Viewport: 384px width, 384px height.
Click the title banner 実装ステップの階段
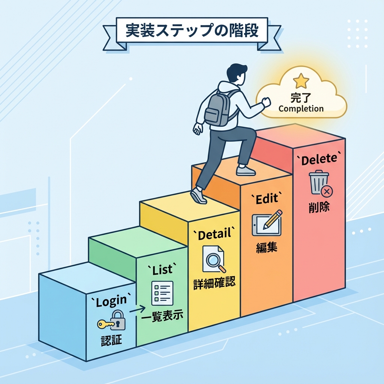192,31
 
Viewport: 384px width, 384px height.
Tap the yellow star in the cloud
301,81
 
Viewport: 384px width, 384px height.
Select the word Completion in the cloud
301,109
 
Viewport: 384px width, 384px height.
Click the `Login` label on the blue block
111,302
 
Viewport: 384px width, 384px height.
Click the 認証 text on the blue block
111,340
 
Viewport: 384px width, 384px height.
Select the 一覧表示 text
163,316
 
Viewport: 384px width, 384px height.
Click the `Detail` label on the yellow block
214,235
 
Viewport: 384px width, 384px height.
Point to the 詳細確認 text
214,283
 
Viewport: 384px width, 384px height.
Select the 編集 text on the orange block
267,247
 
